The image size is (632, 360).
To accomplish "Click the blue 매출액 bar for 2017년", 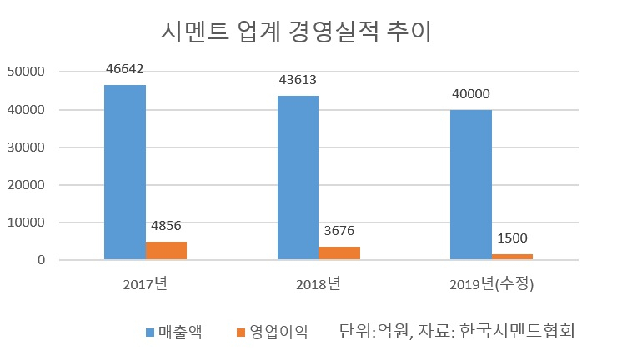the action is (x=125, y=172).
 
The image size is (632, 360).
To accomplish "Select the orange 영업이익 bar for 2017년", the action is (x=166, y=251).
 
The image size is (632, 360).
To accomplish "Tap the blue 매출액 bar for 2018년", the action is (x=298, y=177).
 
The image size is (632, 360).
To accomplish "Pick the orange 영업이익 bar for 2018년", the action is (x=339, y=252).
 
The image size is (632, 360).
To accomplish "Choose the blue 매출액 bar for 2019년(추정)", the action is (x=471, y=185).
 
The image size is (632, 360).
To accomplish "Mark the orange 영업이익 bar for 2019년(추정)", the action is (x=512, y=257).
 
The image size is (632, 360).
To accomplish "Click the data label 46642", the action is (x=124, y=69).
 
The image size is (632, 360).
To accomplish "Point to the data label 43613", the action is (x=298, y=80).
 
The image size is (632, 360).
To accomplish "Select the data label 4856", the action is (x=166, y=226).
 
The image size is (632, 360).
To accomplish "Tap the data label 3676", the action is (x=339, y=231).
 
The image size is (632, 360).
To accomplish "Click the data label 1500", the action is (x=512, y=238).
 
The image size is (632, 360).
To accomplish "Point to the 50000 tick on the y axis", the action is (x=26, y=72).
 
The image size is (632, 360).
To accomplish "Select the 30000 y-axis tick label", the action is (x=26, y=147).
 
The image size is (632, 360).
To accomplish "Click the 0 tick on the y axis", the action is (x=41, y=260).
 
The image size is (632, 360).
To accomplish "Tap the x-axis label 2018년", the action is (x=319, y=284).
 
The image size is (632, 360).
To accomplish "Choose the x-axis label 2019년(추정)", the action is (x=492, y=284).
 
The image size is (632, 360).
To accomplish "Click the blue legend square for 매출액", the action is (x=150, y=332).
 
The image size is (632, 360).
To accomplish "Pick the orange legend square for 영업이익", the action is (x=241, y=332).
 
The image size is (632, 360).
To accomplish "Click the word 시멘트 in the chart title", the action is (x=195, y=32).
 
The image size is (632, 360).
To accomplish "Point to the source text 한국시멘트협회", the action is (x=517, y=331).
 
